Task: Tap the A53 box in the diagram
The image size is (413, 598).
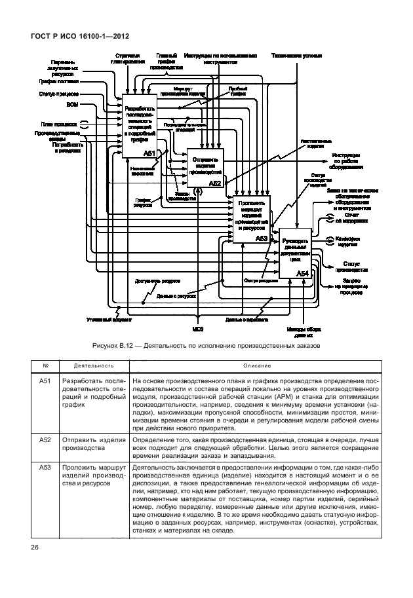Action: pyautogui.click(x=252, y=219)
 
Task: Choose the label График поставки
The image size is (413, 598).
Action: pyautogui.click(x=63, y=82)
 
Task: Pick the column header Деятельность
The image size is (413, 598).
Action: pyautogui.click(x=90, y=365)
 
